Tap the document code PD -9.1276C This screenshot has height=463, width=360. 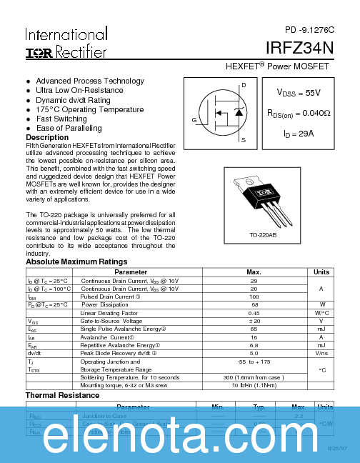309,30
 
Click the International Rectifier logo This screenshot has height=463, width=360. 66,43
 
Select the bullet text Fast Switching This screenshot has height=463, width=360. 61,119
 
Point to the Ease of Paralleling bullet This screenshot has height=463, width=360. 69,128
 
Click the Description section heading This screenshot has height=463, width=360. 47,137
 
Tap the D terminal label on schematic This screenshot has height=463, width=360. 244,86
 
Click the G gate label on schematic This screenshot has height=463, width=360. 194,120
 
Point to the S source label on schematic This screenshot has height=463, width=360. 244,140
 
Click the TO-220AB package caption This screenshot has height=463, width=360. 264,234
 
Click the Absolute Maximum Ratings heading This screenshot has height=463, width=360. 76,262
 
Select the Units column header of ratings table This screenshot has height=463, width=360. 321,272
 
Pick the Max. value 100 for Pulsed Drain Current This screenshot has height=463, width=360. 254,297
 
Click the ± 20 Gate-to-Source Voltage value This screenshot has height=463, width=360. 254,321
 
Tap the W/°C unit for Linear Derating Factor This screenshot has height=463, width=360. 321,313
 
